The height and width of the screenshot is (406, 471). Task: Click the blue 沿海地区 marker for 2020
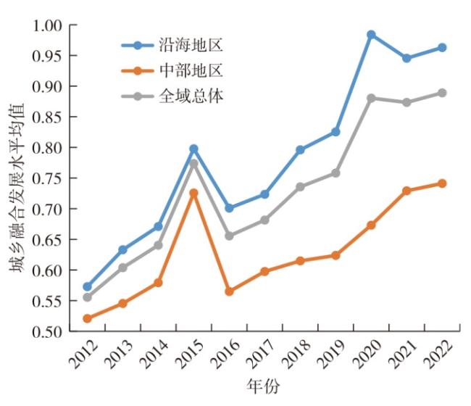(x=371, y=35)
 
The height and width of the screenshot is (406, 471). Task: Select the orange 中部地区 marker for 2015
(x=193, y=194)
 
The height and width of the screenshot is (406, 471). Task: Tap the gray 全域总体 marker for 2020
(x=371, y=98)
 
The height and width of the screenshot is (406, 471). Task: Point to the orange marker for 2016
(x=229, y=291)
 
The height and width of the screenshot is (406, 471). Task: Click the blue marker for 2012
(x=88, y=287)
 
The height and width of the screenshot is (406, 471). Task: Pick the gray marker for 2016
(x=229, y=236)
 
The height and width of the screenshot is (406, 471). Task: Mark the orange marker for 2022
(x=442, y=183)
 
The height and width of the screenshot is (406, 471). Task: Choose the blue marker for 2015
(x=193, y=149)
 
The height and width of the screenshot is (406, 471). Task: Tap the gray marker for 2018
(x=300, y=187)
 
